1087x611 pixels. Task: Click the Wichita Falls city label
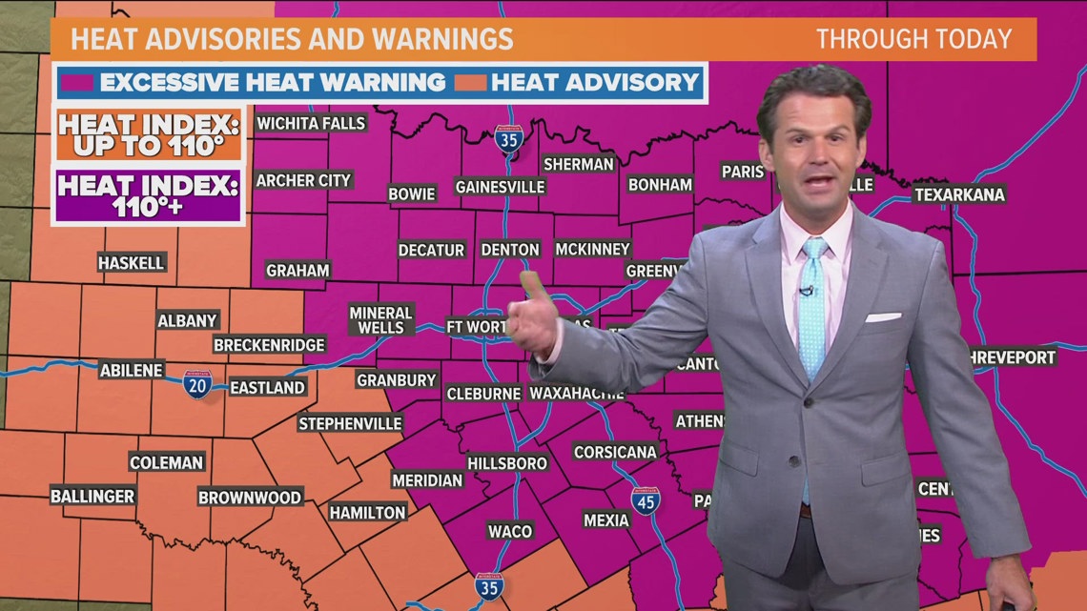point(311,123)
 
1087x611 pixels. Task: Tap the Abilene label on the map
point(132,371)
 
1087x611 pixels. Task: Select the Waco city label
point(510,531)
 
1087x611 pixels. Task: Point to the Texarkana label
point(959,194)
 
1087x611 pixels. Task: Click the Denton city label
point(510,250)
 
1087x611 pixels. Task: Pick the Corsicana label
point(616,452)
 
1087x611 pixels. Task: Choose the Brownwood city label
point(250,498)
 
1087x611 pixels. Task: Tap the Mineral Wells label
point(380,320)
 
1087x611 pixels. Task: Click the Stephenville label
point(350,423)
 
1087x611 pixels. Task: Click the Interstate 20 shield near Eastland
point(197,385)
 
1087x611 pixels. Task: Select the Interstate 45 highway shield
point(646,501)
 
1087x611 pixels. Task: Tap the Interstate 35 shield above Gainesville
point(509,140)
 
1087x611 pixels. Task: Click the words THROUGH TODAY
point(913,40)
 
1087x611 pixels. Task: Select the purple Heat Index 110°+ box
point(148,195)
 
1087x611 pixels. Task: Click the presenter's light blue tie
point(813,305)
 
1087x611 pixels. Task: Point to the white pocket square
point(882,317)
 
